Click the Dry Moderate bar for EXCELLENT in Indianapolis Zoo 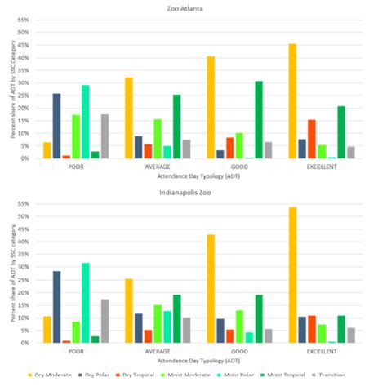pos(291,274)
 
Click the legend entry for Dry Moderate pos(55,375)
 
